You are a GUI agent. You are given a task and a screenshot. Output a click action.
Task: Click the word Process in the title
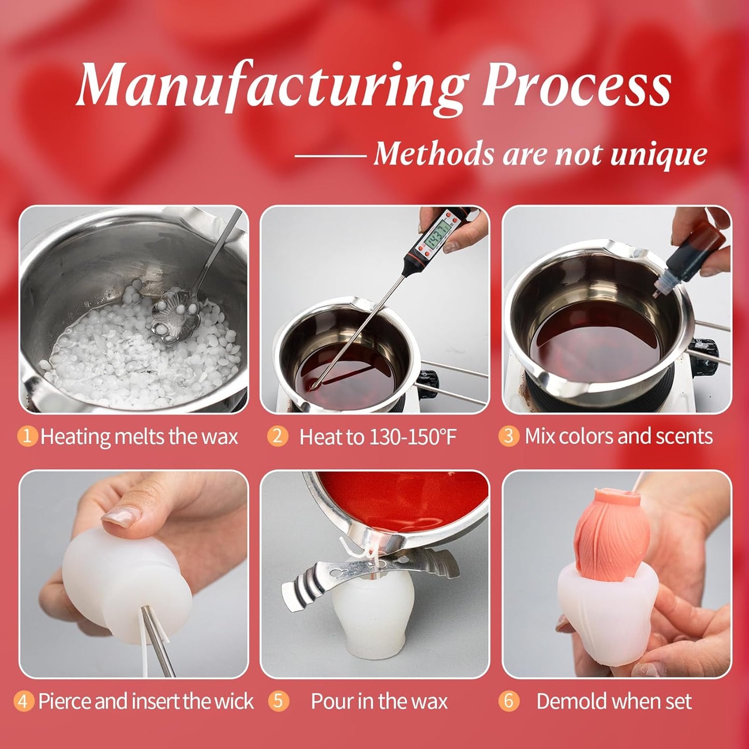tap(576, 86)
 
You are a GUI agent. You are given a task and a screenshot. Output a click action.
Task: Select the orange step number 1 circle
tap(27, 436)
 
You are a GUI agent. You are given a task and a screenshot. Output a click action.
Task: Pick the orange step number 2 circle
tap(277, 436)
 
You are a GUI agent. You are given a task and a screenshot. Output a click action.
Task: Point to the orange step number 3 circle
tap(508, 436)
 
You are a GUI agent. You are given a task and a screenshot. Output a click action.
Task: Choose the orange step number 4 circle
tap(23, 701)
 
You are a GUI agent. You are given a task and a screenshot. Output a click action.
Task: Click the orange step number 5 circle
tap(278, 701)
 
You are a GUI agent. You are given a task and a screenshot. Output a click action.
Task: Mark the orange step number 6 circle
tap(508, 701)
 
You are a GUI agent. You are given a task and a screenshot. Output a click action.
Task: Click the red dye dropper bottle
tap(692, 259)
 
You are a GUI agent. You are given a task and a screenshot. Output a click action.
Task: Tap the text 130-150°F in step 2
tap(413, 437)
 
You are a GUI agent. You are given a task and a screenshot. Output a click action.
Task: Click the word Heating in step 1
tap(76, 437)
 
